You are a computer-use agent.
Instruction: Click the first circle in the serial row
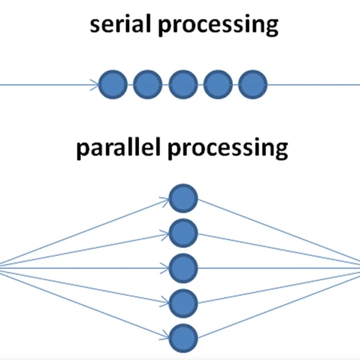pos(112,85)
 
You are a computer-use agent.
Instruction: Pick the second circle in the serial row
pos(147,85)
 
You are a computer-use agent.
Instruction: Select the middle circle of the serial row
pos(182,85)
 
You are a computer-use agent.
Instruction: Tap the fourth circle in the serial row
pos(218,85)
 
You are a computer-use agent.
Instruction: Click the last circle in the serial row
pos(252,85)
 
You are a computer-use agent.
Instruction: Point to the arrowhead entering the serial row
pos(95,85)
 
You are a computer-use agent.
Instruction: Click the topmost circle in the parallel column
pos(183,199)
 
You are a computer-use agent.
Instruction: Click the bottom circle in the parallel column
pos(183,337)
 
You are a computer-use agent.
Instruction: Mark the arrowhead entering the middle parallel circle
pos(166,268)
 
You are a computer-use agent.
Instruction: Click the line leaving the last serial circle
pos(312,85)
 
